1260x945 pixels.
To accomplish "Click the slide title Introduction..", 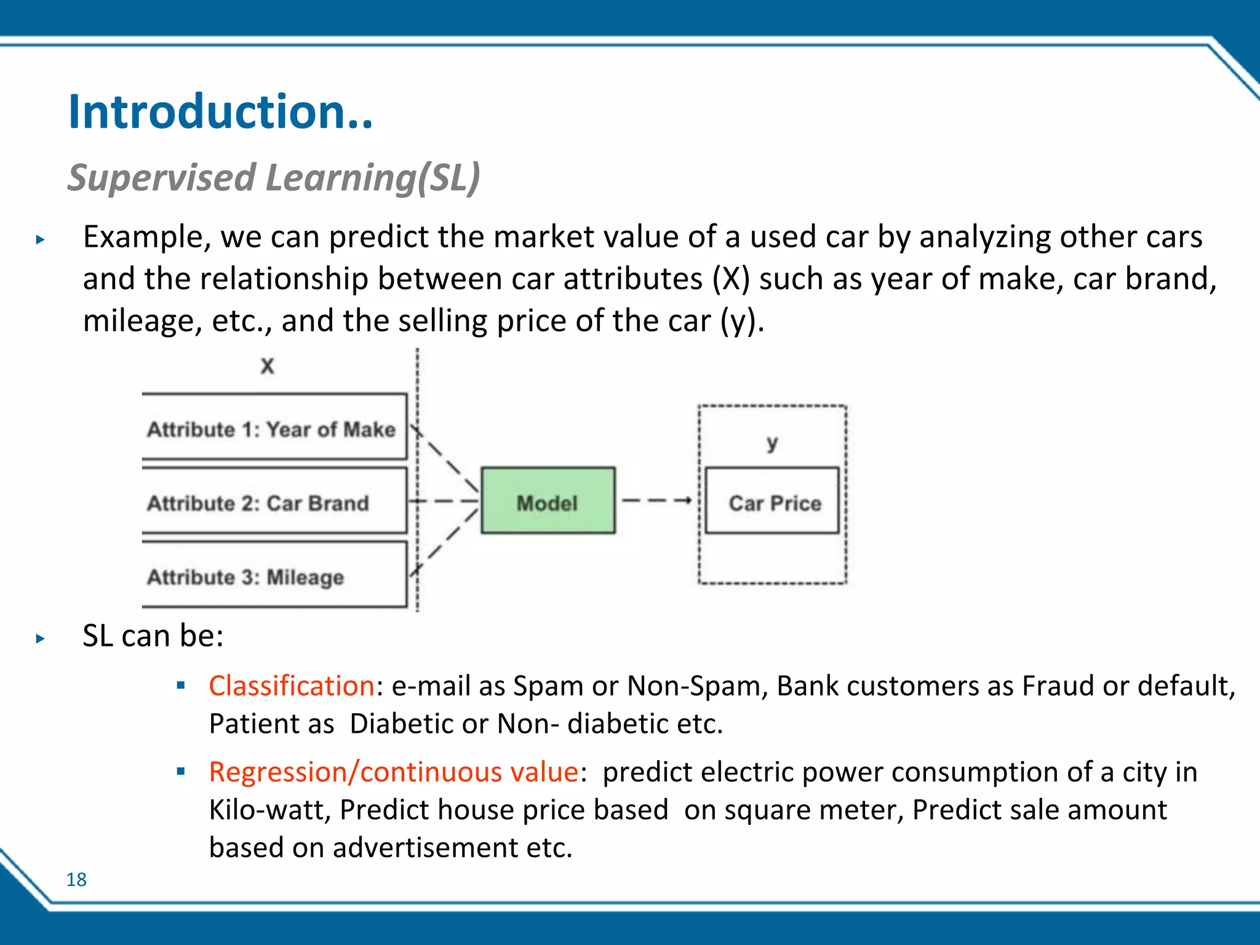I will pyautogui.click(x=220, y=112).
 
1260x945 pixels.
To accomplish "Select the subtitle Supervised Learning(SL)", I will pyautogui.click(x=273, y=178).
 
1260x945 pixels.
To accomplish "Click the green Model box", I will pyautogui.click(x=548, y=501).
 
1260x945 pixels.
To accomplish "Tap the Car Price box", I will pyautogui.click(x=772, y=501).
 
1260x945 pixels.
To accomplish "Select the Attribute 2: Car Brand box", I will pyautogui.click(x=274, y=501).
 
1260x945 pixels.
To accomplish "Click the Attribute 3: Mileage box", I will pyautogui.click(x=274, y=575).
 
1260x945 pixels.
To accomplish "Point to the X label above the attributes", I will pyautogui.click(x=267, y=366).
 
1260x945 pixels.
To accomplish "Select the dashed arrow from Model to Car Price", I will pyautogui.click(x=656, y=501).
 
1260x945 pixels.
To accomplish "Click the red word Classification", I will pyautogui.click(x=292, y=686).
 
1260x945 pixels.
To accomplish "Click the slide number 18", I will pyautogui.click(x=76, y=880).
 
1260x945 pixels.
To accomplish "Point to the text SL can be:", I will pyautogui.click(x=153, y=636).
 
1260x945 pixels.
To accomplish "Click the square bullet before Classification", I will pyautogui.click(x=181, y=685).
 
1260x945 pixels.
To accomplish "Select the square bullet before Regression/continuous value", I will pyautogui.click(x=181, y=772).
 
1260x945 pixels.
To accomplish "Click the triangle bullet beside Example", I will pyautogui.click(x=41, y=240).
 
